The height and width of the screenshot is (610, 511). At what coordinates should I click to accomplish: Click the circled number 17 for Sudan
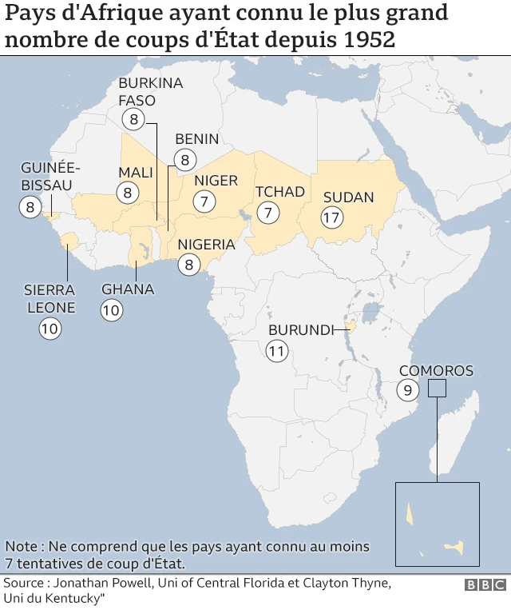pyautogui.click(x=332, y=217)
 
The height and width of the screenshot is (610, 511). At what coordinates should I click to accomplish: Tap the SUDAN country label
pyautogui.click(x=348, y=197)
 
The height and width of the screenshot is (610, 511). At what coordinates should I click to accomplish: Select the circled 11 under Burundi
pyautogui.click(x=277, y=350)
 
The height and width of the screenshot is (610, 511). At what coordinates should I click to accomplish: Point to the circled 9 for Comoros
pyautogui.click(x=407, y=391)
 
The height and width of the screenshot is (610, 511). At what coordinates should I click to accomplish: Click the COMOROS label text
pyautogui.click(x=436, y=371)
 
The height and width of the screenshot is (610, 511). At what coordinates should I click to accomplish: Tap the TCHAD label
pyautogui.click(x=279, y=192)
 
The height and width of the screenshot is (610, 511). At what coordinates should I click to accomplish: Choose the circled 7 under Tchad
pyautogui.click(x=268, y=213)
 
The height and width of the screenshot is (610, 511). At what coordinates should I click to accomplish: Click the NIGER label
pyautogui.click(x=216, y=181)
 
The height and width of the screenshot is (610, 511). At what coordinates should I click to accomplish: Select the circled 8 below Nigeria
pyautogui.click(x=188, y=265)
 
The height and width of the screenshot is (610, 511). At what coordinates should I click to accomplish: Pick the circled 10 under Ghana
pyautogui.click(x=111, y=310)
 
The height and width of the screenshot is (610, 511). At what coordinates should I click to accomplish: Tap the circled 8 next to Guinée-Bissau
pyautogui.click(x=30, y=207)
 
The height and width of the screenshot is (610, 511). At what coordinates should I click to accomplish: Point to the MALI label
pyautogui.click(x=135, y=173)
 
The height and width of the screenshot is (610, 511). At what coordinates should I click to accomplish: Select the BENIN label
pyautogui.click(x=196, y=139)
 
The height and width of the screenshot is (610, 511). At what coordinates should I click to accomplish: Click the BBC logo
pyautogui.click(x=485, y=585)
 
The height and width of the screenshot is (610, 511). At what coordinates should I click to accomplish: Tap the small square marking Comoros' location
pyautogui.click(x=437, y=388)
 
